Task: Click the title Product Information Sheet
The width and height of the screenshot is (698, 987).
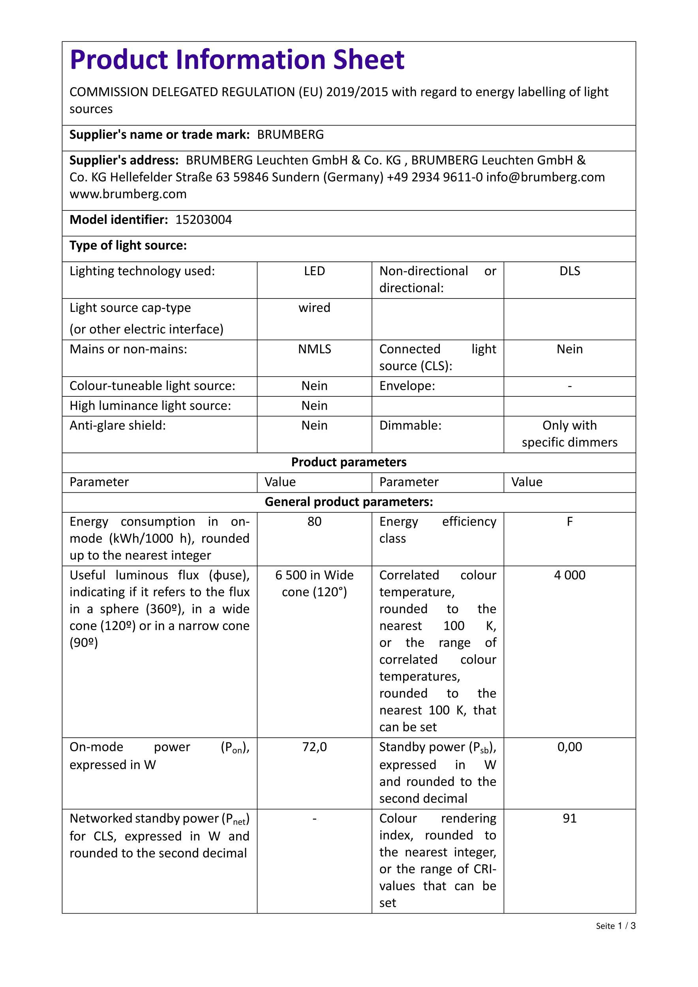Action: point(237,60)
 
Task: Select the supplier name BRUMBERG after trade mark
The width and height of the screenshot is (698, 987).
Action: point(291,135)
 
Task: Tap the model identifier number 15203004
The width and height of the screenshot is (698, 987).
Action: point(204,220)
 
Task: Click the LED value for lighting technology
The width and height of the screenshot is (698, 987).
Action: point(314,271)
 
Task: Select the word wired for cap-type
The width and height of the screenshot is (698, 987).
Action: point(314,308)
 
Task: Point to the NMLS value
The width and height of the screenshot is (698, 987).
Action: point(314,349)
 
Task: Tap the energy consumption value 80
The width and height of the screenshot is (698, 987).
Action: point(314,522)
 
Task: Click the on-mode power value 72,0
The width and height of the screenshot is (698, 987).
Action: point(314,747)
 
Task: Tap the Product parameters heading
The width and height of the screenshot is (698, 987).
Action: point(349,462)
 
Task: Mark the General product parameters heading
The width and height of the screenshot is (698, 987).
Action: point(349,502)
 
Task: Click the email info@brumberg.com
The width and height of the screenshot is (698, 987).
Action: point(546,177)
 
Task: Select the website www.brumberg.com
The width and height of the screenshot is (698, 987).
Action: point(128,194)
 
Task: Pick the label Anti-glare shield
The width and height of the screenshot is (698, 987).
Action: point(117,426)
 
